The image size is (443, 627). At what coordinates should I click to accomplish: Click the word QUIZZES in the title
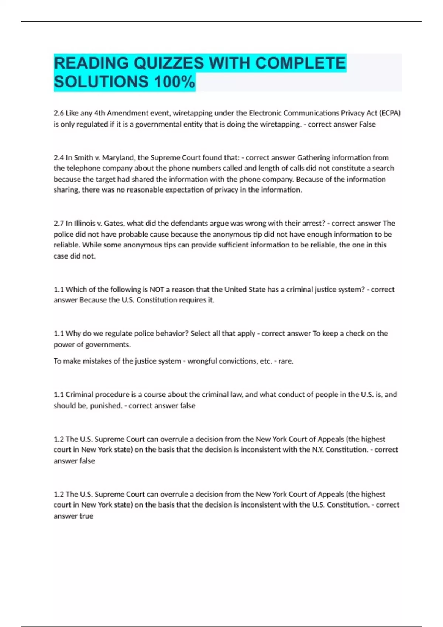[x=168, y=63]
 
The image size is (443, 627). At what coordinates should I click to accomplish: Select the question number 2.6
[x=59, y=113]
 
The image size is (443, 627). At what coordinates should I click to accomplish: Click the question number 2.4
[x=59, y=158]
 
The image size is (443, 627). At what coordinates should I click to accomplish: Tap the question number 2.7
[x=59, y=224]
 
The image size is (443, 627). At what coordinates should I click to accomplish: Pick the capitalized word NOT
[x=157, y=290]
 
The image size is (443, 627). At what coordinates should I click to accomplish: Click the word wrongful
[x=202, y=361]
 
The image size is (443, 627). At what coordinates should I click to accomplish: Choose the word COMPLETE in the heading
[x=300, y=63]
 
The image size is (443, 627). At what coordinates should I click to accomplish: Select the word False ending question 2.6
[x=367, y=124]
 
